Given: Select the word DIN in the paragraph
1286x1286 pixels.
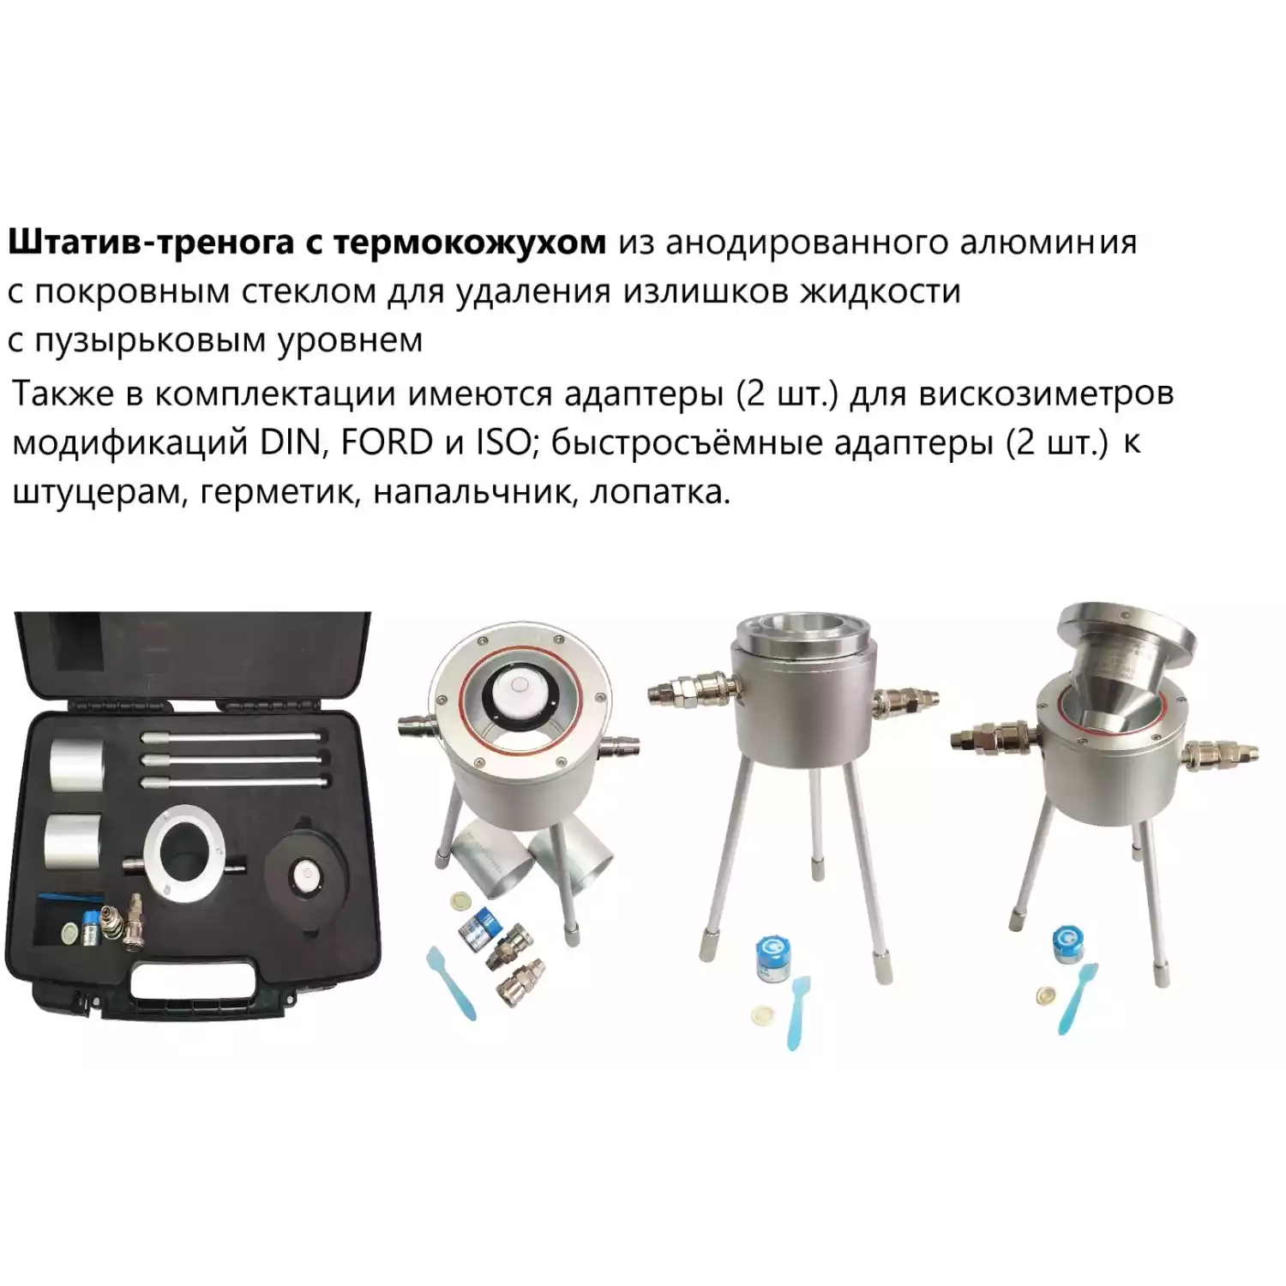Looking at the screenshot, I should coord(288,442).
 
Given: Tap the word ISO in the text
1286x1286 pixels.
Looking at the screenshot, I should coord(504,442).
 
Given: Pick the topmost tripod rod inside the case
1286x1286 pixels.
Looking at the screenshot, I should coord(233,736).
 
